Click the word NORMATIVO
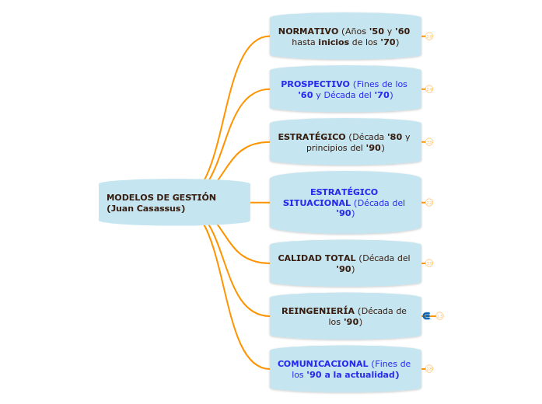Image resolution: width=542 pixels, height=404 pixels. (308, 31)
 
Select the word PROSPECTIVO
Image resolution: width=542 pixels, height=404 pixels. (315, 84)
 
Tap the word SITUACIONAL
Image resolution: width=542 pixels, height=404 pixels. (316, 203)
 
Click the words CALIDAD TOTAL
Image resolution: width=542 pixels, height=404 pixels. (316, 258)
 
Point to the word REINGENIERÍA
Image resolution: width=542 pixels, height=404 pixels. (318, 311)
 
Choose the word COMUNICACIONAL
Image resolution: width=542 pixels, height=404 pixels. (323, 364)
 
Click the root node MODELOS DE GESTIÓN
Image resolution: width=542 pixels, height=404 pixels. (161, 197)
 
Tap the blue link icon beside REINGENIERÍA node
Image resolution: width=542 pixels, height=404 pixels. (426, 315)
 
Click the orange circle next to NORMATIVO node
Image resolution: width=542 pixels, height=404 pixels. (429, 36)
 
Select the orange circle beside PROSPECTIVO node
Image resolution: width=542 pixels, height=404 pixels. (429, 89)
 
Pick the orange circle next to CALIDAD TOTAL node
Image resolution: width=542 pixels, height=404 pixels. (429, 263)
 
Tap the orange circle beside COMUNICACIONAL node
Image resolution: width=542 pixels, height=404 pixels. (429, 368)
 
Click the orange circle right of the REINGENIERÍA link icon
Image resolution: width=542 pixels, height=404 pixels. (439, 315)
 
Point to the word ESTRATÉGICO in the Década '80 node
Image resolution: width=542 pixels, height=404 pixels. (312, 137)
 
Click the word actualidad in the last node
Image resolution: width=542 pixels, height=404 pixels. (374, 374)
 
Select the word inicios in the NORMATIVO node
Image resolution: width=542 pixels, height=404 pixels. (334, 42)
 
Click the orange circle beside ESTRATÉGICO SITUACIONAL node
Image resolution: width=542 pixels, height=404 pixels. (429, 202)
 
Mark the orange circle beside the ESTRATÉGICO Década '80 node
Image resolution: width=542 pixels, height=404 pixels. (429, 141)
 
